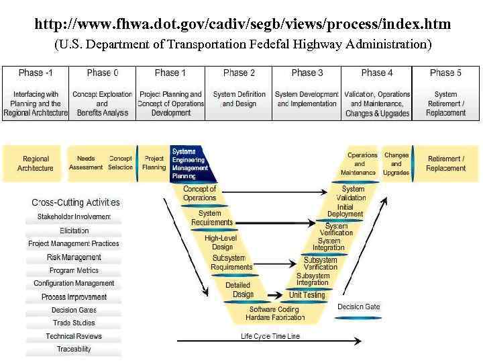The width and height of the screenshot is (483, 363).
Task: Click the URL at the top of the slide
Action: pos(242,25)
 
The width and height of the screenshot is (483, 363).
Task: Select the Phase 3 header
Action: pos(307,73)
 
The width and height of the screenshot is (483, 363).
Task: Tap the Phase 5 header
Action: pos(445,73)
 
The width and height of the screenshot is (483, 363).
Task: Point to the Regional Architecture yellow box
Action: pos(36,163)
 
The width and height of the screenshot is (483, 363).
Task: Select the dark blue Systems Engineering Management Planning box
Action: pos(191,164)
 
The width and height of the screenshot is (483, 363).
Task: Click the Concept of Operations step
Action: pos(199,194)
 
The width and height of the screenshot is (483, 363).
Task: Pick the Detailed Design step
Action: pos(239,290)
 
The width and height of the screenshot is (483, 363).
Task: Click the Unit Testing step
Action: pos(307,295)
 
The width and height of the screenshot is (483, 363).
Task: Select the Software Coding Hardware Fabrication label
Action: pos(275,313)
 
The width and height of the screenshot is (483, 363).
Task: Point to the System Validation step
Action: pos(353,194)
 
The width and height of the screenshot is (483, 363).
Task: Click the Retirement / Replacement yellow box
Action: pos(446,163)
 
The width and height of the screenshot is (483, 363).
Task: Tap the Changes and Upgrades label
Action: pos(396,164)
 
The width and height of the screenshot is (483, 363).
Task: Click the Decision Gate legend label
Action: pos(358,307)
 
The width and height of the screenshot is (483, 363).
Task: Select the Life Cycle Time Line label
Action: pos(270,336)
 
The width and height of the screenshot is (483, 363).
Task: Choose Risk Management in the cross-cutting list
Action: pos(74,257)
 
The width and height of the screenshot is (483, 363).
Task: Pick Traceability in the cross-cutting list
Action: pos(74,349)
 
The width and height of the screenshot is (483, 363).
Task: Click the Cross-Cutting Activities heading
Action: pos(76,202)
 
